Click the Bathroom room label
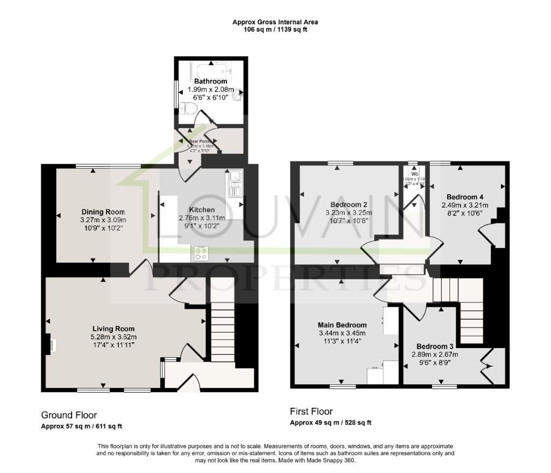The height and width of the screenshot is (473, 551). pyautogui.click(x=210, y=81)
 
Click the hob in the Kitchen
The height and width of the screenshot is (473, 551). pyautogui.click(x=201, y=253)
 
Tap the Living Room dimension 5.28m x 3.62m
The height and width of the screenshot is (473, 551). pyautogui.click(x=113, y=337)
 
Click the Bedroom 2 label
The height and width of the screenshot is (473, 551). pyautogui.click(x=349, y=204)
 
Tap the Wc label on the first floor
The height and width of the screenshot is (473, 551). pyautogui.click(x=415, y=174)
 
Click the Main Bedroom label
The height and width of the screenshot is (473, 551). pyautogui.click(x=342, y=325)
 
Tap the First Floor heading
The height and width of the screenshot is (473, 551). pyautogui.click(x=311, y=412)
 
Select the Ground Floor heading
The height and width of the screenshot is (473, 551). pyautogui.click(x=69, y=415)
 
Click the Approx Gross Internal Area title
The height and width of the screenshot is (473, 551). pyautogui.click(x=275, y=22)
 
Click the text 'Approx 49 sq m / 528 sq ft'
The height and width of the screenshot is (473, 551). pyautogui.click(x=330, y=423)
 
